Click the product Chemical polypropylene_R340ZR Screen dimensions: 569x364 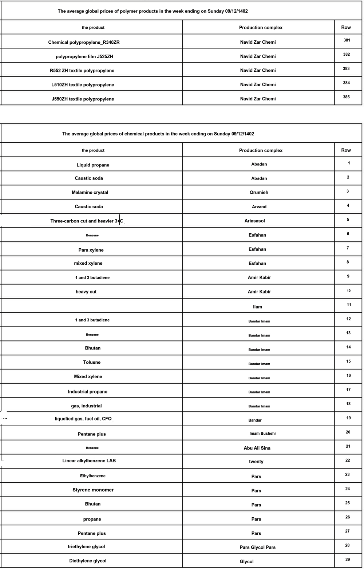[84, 42]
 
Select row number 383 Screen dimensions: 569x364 [346, 68]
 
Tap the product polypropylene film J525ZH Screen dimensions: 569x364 [87, 56]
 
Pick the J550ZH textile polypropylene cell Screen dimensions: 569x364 [83, 99]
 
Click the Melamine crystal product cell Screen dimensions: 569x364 [90, 192]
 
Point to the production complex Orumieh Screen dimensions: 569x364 [259, 192]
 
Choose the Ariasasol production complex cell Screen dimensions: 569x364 [255, 221]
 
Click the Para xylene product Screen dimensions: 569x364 [91, 250]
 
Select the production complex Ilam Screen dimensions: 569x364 [257, 307]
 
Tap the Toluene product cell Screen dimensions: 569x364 [92, 362]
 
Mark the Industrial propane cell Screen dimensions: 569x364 [87, 392]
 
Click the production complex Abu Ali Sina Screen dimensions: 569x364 [257, 448]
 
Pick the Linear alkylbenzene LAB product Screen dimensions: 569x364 [89, 461]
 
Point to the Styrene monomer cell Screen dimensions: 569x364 [93, 490]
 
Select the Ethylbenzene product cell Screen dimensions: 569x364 [93, 476]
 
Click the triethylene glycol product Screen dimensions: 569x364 [86, 546]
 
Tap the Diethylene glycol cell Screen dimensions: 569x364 [88, 561]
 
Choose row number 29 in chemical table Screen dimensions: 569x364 [348, 559]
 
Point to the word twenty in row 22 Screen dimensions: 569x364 [256, 461]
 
